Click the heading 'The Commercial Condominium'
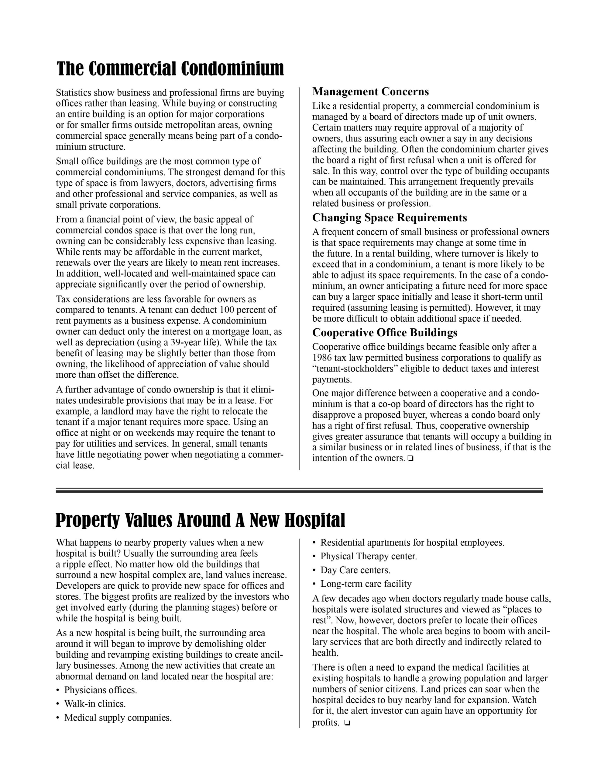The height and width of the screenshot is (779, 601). [170, 69]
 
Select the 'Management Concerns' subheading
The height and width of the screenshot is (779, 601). [370, 92]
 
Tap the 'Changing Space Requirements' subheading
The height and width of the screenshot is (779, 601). [390, 218]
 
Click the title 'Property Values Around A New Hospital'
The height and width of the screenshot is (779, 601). [200, 520]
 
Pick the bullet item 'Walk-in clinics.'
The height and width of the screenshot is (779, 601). [95, 704]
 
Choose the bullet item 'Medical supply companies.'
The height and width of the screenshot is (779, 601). [118, 718]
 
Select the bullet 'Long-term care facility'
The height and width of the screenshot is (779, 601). [366, 584]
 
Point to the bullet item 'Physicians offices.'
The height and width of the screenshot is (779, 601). [101, 690]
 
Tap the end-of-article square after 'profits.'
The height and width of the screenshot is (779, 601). [347, 723]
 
